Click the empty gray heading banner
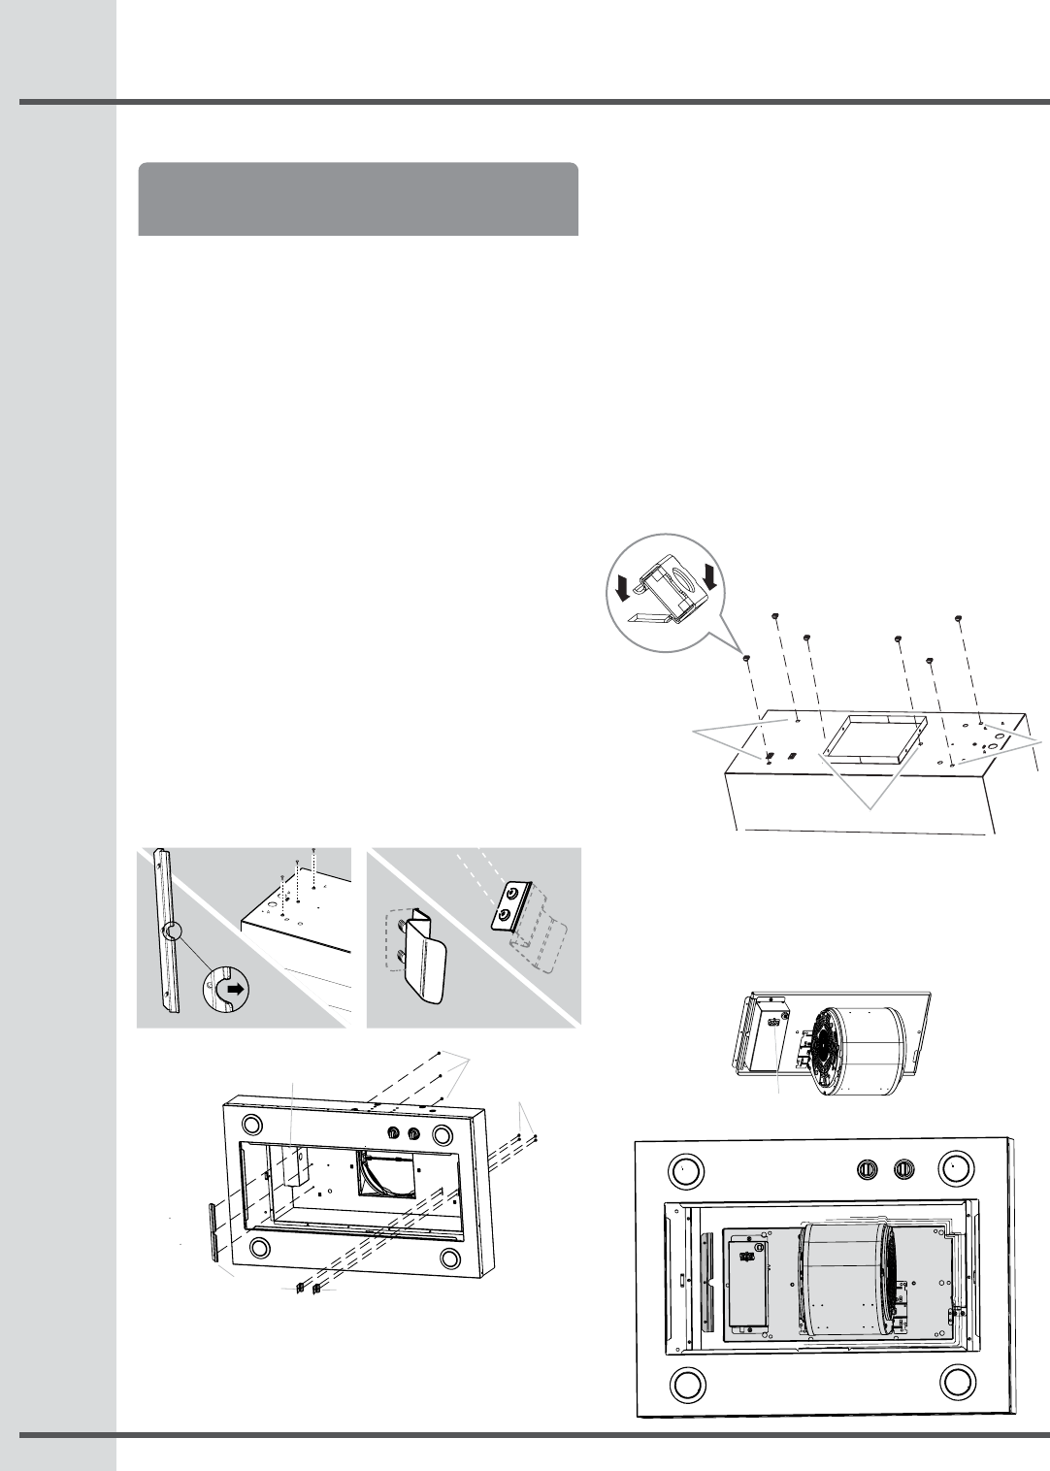tap(358, 199)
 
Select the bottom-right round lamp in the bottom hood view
tap(957, 1381)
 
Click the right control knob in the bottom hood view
tap(904, 1169)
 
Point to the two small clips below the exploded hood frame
tap(308, 1288)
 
